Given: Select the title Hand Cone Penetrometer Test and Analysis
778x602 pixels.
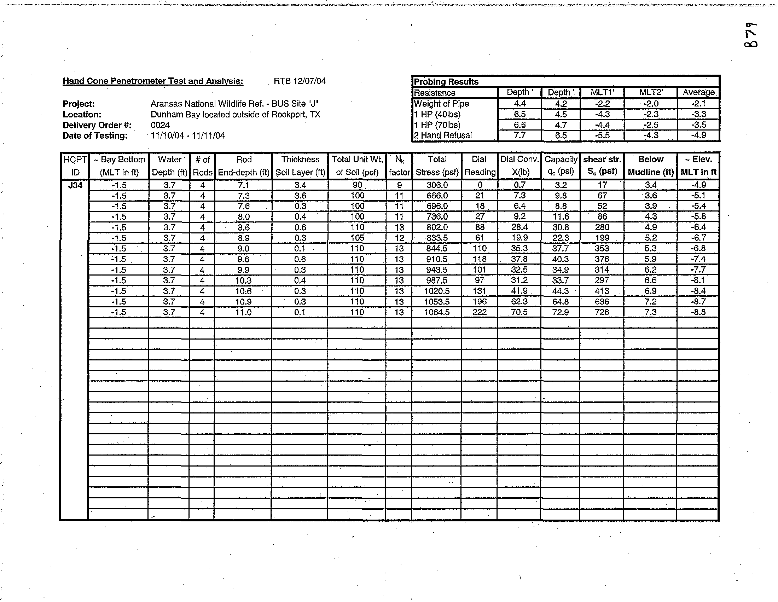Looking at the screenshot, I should pos(153,81).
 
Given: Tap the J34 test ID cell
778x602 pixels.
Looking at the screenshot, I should pos(75,185).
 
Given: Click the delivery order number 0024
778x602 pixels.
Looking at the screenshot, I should pos(160,125).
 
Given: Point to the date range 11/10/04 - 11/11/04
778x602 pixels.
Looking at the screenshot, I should pos(188,136).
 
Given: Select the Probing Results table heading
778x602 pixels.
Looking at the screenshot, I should pos(446,82).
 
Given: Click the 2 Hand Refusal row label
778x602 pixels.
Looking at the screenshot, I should pos(443,135).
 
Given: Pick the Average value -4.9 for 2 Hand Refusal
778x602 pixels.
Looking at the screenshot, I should pos(698,135).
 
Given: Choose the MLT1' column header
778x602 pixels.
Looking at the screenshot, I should pos(602,92).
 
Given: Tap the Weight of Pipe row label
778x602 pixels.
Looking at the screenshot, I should pos(441,104).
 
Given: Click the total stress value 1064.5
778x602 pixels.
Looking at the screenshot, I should pos(437,312).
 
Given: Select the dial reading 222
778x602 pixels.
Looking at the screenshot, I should pos(480,312).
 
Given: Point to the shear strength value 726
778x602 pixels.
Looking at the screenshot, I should pos(602,312).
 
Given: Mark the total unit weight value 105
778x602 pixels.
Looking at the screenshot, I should pos(357,238).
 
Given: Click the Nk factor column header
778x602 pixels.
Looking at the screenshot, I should pos(399,166).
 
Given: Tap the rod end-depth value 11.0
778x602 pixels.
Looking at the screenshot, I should pos(243,312).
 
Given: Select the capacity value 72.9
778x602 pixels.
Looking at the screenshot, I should pos(561,312).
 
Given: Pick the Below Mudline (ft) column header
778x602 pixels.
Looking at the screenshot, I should pos(650,166).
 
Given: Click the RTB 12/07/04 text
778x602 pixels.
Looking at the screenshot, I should pos(300,81).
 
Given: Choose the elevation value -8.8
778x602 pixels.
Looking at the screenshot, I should pos(698,312).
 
